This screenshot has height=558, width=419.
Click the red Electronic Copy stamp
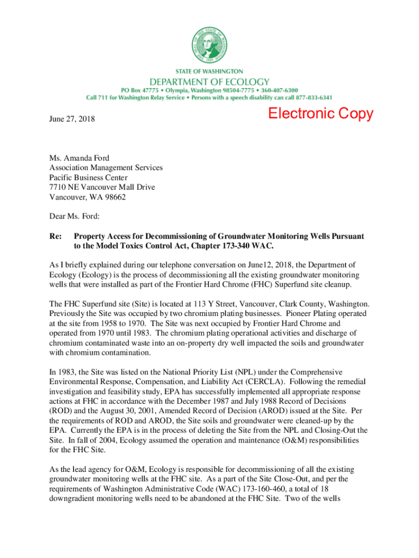coord(321,114)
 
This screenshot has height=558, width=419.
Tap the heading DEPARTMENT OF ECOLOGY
coord(209,80)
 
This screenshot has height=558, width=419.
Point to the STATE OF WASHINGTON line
coord(209,71)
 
